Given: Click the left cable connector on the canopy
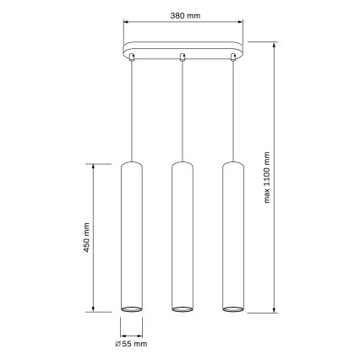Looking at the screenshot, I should coord(132,57).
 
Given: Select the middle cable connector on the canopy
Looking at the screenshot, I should coord(183,57).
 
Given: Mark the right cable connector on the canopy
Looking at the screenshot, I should coord(233,57).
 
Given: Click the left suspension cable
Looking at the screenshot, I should coord(132,110).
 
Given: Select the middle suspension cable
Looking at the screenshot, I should coord(183,110).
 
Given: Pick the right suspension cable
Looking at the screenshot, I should coord(233,110).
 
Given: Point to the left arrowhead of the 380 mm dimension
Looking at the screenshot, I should coord(125,25).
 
